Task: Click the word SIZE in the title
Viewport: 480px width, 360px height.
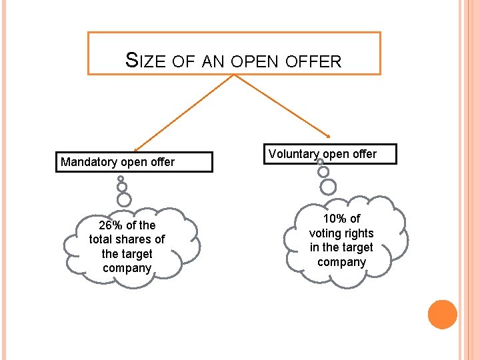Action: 145,61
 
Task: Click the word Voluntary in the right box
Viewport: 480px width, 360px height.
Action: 294,154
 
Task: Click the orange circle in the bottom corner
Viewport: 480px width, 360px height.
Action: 443,314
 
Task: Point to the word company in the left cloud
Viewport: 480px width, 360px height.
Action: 127,269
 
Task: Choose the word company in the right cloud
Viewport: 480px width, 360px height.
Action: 341,262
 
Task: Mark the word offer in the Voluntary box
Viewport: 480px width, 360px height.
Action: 364,154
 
